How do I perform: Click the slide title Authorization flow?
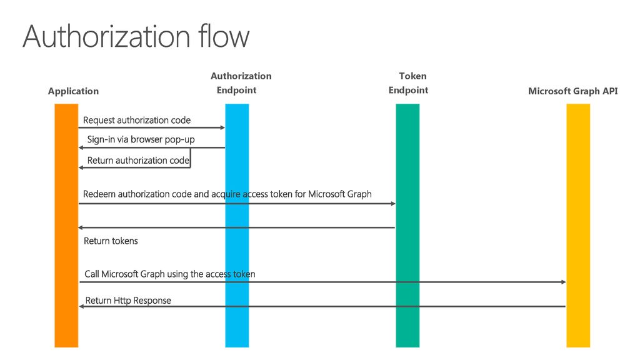pyautogui.click(x=136, y=36)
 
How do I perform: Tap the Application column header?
pyautogui.click(x=74, y=91)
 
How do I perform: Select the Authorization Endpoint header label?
pyautogui.click(x=241, y=83)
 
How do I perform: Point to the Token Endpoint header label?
pyautogui.click(x=409, y=83)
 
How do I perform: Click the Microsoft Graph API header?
pyautogui.click(x=573, y=91)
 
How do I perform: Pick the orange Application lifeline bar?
pyautogui.click(x=66, y=225)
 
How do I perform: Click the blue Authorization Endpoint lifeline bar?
pyautogui.click(x=237, y=225)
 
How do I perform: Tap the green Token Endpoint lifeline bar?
pyautogui.click(x=407, y=225)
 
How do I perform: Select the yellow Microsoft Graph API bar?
pyautogui.click(x=578, y=225)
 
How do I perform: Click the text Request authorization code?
pyautogui.click(x=137, y=120)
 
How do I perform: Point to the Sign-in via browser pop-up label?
pyautogui.click(x=141, y=139)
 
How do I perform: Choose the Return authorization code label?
pyautogui.click(x=138, y=161)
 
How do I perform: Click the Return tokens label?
pyautogui.click(x=111, y=241)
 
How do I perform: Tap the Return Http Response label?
pyautogui.click(x=128, y=301)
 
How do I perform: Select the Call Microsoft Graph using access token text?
pyautogui.click(x=170, y=274)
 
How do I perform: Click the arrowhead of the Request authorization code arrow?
pyautogui.click(x=223, y=127)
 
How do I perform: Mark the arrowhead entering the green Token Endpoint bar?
pyautogui.click(x=394, y=204)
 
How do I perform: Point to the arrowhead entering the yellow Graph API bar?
pyautogui.click(x=564, y=282)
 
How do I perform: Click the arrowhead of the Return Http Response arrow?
pyautogui.click(x=81, y=306)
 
